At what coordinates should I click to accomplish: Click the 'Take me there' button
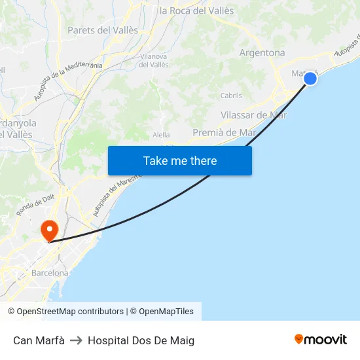point(180,160)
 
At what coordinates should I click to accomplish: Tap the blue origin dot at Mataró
point(310,79)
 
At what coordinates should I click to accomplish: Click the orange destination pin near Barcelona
point(49,230)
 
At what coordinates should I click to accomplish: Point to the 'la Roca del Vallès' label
point(196,10)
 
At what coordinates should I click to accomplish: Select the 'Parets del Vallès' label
point(103,30)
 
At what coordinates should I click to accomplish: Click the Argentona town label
point(262,52)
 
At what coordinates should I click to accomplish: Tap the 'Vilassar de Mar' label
point(254,115)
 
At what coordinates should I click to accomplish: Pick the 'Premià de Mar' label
point(224,132)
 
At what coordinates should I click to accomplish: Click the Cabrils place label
point(231,96)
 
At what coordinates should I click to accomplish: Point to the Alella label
point(161,135)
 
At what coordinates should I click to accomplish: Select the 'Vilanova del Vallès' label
point(154,61)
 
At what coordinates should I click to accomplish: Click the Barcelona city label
point(50,273)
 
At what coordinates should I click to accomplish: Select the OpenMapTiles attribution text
point(166,312)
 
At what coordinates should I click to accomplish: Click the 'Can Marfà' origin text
point(39,340)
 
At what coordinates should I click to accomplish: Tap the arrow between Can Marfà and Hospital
point(76,340)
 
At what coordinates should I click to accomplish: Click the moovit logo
point(321,339)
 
